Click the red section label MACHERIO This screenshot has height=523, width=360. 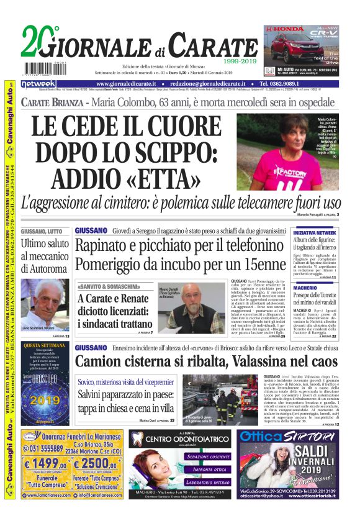coord(305,288)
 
